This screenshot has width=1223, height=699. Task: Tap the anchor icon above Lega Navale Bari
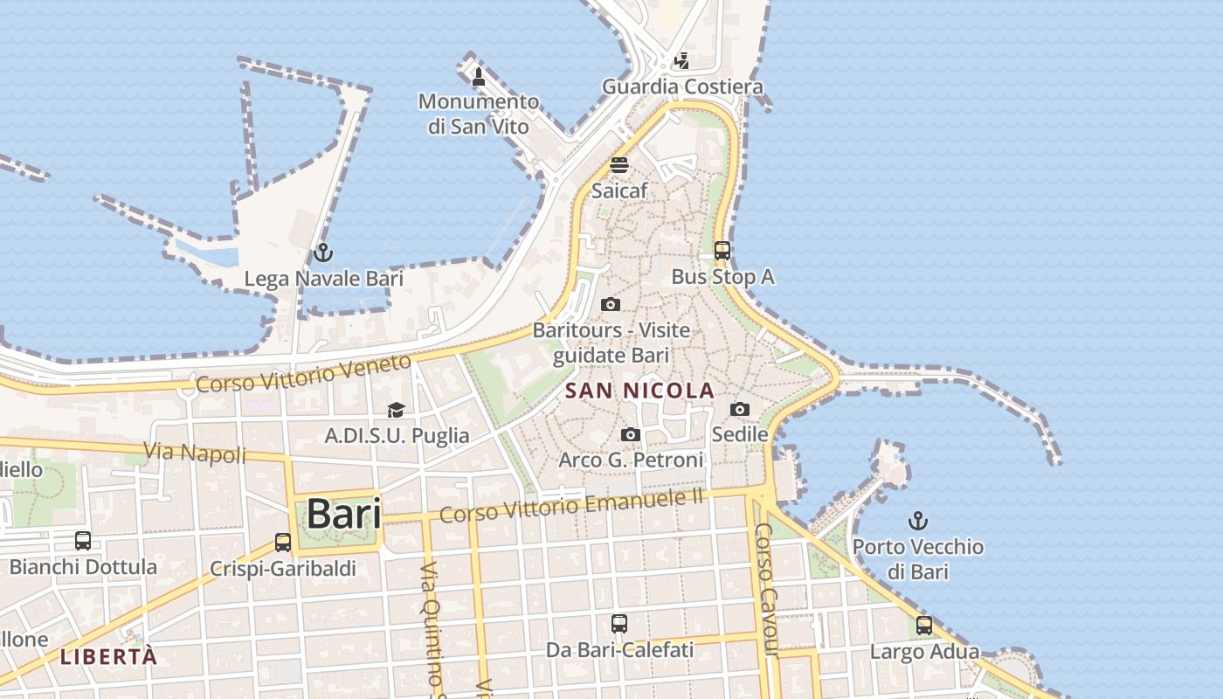point(323,253)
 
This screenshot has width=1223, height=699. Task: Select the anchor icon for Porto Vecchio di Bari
point(917,522)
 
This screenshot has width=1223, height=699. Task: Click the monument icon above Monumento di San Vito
point(478,77)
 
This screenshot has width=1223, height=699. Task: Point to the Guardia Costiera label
point(682,87)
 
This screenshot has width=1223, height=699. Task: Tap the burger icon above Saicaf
point(619,165)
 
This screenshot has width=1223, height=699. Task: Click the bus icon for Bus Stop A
point(722,251)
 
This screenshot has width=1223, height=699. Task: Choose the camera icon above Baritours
point(611,305)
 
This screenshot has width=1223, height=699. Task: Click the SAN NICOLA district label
point(639,391)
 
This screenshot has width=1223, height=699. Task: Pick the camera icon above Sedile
point(740,409)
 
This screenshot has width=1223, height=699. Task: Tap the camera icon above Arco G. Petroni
point(630,434)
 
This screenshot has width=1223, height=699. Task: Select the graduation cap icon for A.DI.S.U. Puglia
point(397,410)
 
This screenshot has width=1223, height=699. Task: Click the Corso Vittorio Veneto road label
point(303,373)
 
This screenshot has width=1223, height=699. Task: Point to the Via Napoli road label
point(196,453)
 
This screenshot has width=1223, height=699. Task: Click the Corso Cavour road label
point(765,589)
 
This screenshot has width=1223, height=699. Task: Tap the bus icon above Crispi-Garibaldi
point(283,543)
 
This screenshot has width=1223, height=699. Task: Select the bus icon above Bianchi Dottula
point(83,541)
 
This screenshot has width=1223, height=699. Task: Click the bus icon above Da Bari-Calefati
point(619,624)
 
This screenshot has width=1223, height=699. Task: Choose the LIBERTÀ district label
point(109,657)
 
